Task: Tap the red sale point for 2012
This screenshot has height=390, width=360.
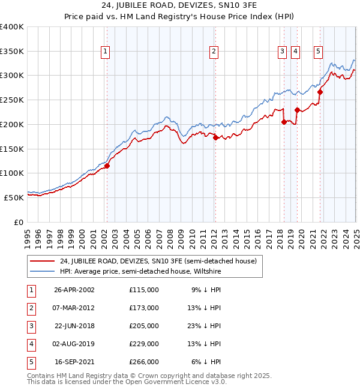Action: click(x=215, y=137)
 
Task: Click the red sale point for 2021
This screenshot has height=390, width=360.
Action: click(x=320, y=92)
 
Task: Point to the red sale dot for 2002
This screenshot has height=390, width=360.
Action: click(x=107, y=166)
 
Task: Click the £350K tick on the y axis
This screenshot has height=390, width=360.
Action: click(x=12, y=52)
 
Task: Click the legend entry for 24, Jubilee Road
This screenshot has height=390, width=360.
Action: click(x=158, y=261)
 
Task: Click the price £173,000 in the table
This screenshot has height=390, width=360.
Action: click(x=144, y=308)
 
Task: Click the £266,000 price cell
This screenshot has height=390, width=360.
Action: click(x=144, y=362)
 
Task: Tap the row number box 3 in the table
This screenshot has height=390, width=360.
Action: click(x=31, y=326)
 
